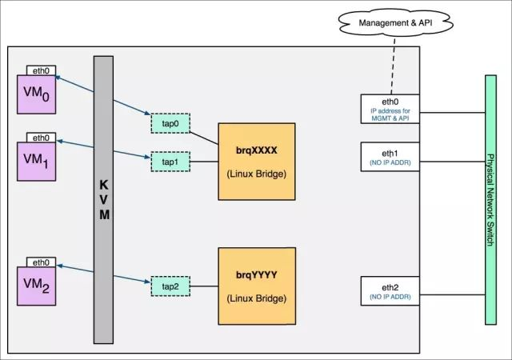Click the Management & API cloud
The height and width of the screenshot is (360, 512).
(x=395, y=22)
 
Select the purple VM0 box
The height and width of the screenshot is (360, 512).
(x=36, y=94)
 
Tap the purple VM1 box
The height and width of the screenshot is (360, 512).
(x=36, y=162)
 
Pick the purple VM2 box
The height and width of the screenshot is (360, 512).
(x=36, y=286)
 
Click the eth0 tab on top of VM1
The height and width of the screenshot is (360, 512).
(x=41, y=138)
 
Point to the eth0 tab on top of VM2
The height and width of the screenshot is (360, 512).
(x=41, y=262)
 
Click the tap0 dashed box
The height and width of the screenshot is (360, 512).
(x=170, y=123)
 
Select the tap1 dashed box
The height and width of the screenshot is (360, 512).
(x=170, y=162)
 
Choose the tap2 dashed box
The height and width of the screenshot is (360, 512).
(x=170, y=286)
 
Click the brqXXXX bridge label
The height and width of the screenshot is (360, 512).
(x=257, y=150)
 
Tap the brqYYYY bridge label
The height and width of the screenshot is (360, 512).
(x=257, y=274)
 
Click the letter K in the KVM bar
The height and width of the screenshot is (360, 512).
(x=103, y=186)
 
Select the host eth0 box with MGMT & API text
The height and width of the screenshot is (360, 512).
(x=390, y=109)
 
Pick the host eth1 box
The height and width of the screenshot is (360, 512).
(x=390, y=157)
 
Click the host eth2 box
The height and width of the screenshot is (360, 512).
(x=390, y=291)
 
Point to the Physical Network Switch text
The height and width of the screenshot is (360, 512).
(x=490, y=200)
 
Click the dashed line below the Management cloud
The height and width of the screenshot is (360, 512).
(x=393, y=66)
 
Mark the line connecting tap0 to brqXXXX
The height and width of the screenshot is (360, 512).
(x=204, y=138)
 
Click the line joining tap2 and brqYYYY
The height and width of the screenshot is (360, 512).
(x=204, y=286)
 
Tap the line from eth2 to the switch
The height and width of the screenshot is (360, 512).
(x=452, y=294)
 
